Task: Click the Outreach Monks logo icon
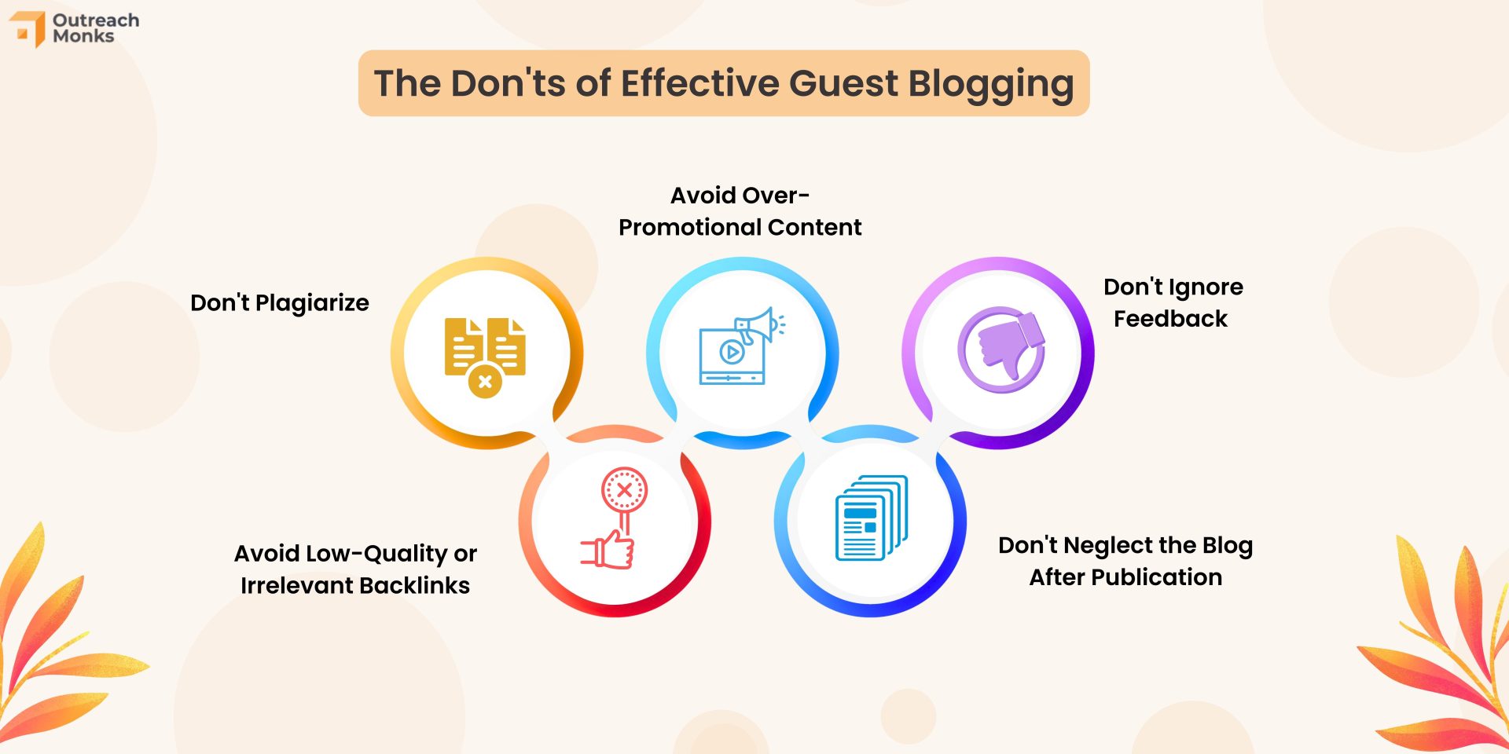pyautogui.click(x=28, y=29)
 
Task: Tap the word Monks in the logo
pyautogui.click(x=83, y=36)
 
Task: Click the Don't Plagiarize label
pyautogui.click(x=280, y=303)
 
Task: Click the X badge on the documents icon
pyautogui.click(x=485, y=382)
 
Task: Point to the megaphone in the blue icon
pyautogui.click(x=758, y=324)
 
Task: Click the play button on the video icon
pyautogui.click(x=732, y=352)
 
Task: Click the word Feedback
pyautogui.click(x=1170, y=319)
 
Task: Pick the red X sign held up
pyautogui.click(x=624, y=490)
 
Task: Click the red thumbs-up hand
pyautogui.click(x=608, y=549)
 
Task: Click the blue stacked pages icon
pyautogui.click(x=872, y=518)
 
